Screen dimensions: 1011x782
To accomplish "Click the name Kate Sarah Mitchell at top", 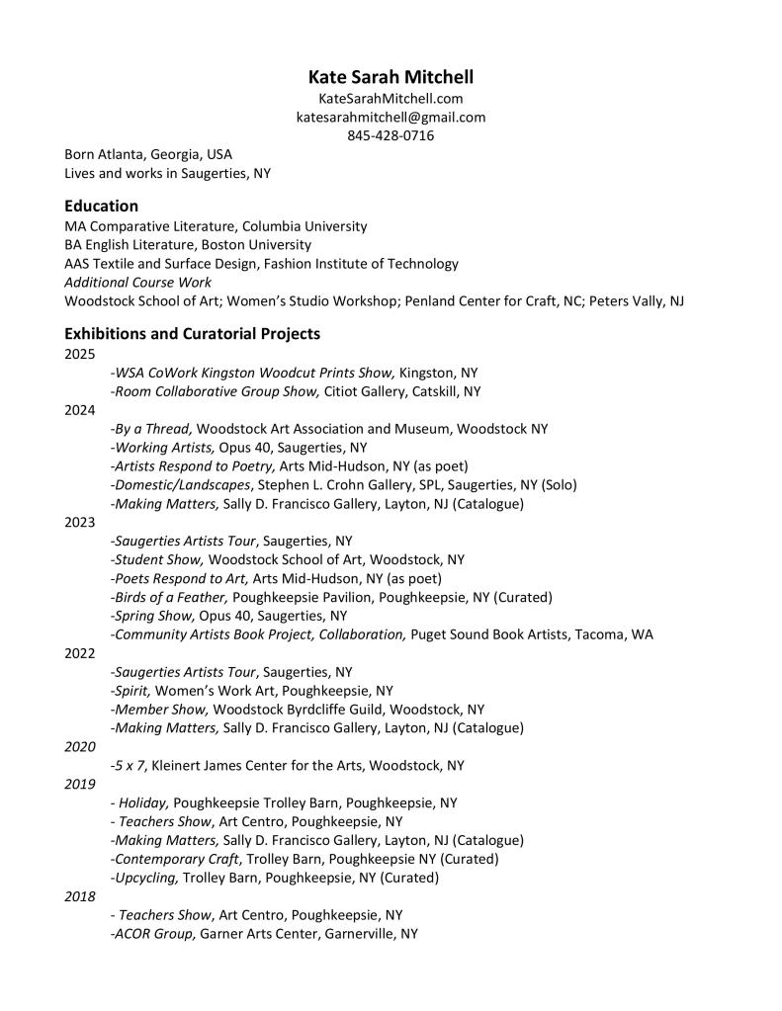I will pos(391,77).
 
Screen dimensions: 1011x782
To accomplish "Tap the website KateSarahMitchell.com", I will pos(391,99).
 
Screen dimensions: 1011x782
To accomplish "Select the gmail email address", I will pos(391,118).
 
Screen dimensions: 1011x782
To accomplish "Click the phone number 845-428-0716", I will pos(391,135).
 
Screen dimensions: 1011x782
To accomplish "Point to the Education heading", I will pos(101,207).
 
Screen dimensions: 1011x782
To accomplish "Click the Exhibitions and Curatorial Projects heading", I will pos(192,334).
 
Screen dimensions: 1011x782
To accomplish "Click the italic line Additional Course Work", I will pos(137,283).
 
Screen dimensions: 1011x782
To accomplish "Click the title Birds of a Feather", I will pos(170,598).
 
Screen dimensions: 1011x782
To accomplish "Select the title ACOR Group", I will pos(153,934).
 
